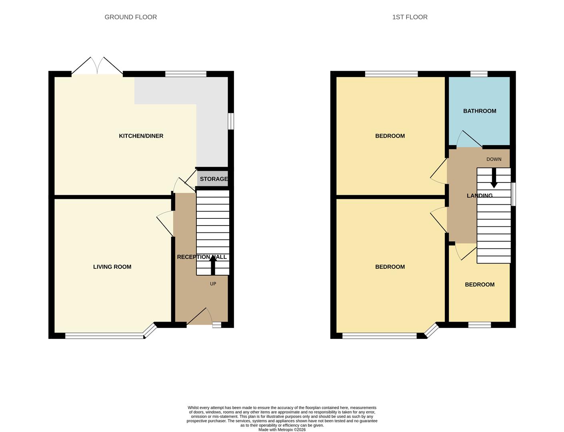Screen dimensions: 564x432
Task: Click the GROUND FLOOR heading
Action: click(x=130, y=17)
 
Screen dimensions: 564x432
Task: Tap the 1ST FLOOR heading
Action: click(x=410, y=17)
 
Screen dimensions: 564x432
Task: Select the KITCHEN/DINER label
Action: click(x=141, y=136)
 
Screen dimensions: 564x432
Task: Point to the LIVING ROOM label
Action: click(x=112, y=267)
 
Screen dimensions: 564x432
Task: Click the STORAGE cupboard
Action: click(x=212, y=178)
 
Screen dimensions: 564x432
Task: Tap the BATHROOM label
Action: click(x=480, y=111)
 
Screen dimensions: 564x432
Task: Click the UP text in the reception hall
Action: click(x=213, y=284)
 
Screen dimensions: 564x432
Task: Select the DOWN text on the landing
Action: click(x=494, y=159)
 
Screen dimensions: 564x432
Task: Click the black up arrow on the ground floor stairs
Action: click(x=213, y=265)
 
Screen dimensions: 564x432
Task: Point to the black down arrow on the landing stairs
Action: click(x=494, y=178)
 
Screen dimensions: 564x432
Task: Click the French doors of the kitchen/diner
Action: click(x=97, y=66)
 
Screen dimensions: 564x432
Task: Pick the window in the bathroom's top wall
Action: click(x=479, y=74)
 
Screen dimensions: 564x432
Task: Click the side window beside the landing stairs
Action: click(x=513, y=194)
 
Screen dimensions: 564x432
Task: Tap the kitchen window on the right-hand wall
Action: click(x=231, y=121)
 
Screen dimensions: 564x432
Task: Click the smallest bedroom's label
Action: click(x=480, y=285)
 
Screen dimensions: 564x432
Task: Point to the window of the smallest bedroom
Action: click(x=480, y=325)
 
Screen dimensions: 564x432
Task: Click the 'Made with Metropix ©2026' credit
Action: click(x=282, y=430)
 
